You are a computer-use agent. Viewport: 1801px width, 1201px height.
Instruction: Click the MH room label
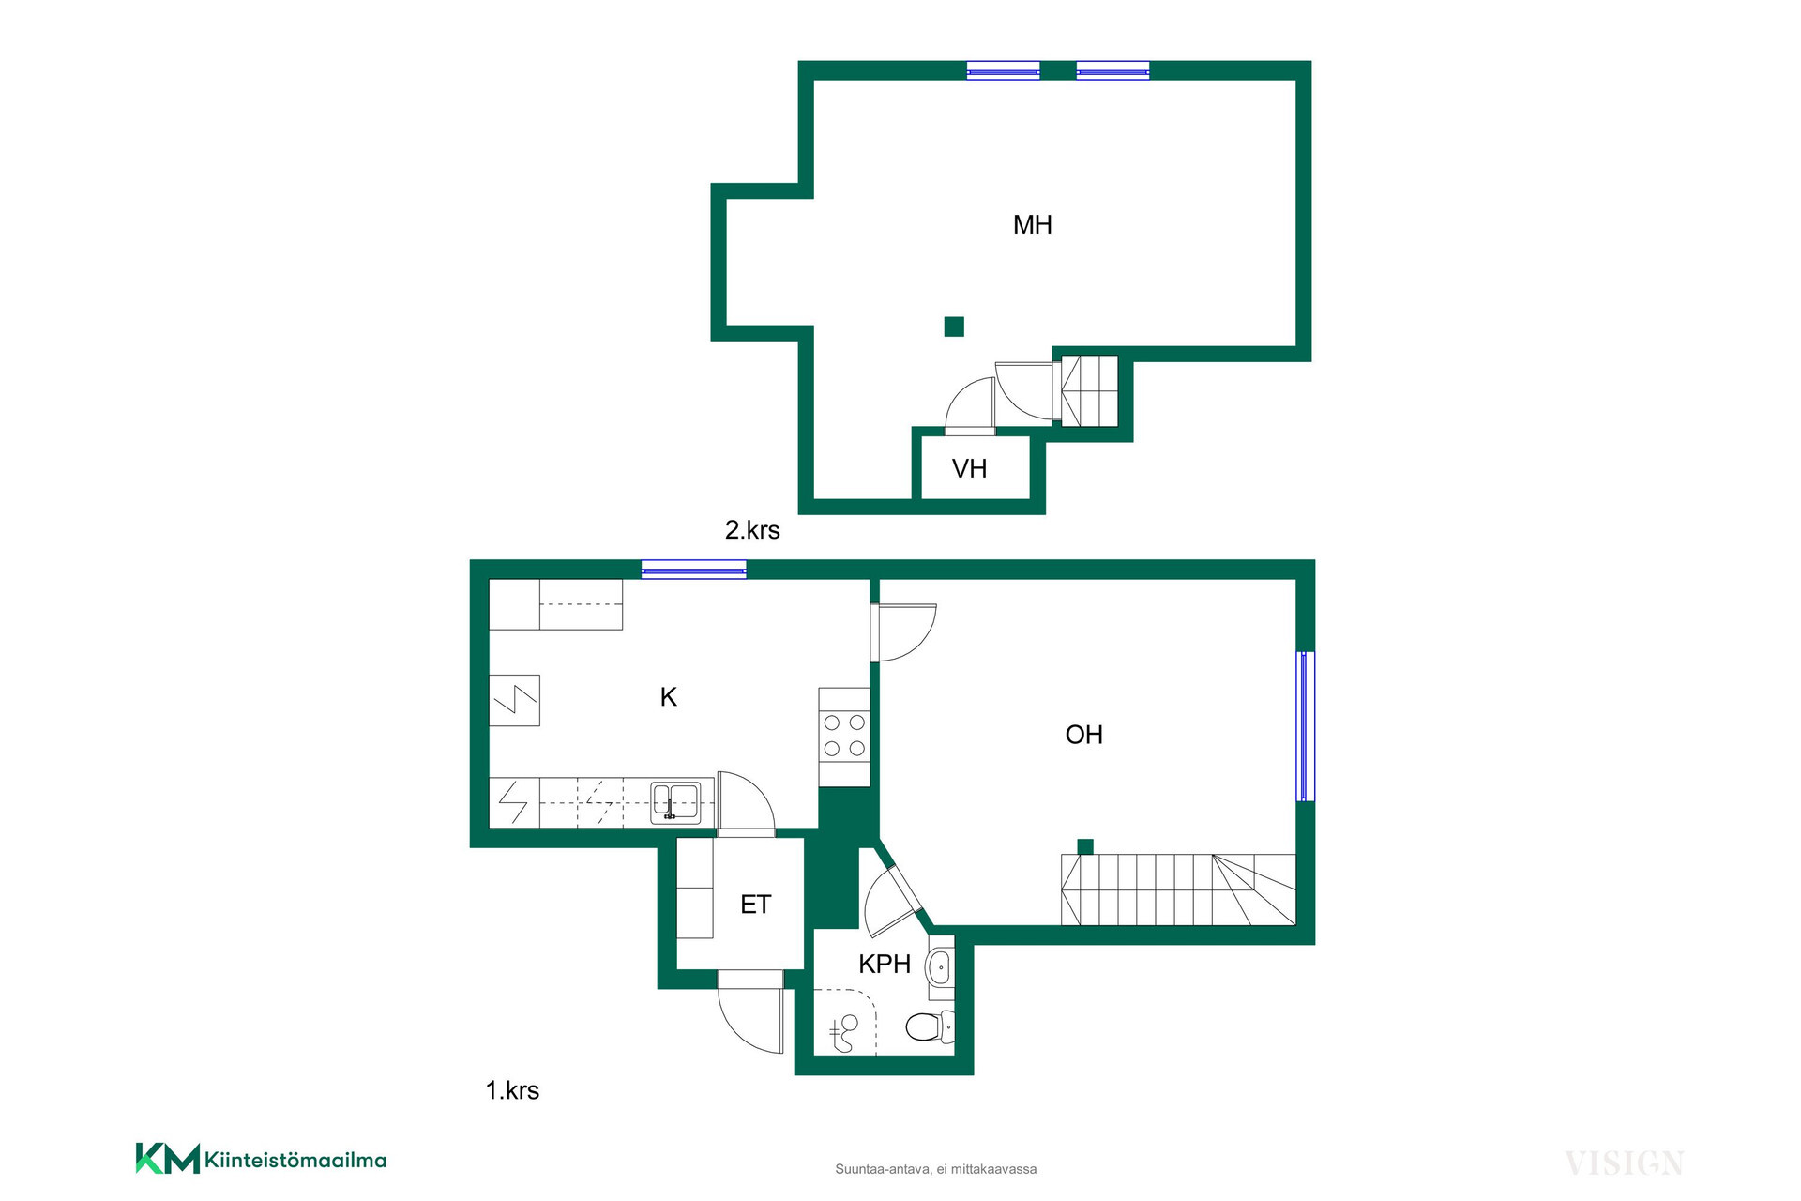point(1032,225)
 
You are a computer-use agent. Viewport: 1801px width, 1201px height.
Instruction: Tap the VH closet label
point(969,469)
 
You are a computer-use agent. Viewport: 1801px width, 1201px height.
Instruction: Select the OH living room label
point(1083,735)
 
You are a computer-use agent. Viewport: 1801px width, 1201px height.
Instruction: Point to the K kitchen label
point(669,697)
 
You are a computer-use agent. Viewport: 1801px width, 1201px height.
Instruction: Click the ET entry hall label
point(755,905)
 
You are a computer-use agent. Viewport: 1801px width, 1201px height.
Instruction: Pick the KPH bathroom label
point(885,964)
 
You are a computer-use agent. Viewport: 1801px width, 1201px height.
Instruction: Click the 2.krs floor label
point(752,530)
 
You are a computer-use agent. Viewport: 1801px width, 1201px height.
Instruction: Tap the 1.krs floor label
point(512,1090)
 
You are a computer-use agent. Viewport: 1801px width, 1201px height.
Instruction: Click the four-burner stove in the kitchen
point(844,737)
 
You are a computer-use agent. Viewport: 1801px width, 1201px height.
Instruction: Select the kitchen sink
point(675,803)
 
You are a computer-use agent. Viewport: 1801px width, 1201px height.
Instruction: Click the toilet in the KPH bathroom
point(930,1026)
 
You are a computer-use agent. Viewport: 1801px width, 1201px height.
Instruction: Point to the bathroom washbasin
point(940,966)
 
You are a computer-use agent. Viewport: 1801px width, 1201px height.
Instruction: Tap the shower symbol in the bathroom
point(845,1032)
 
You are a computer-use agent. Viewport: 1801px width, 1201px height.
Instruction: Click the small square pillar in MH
point(954,327)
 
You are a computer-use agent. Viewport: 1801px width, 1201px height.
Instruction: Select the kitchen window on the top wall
point(694,569)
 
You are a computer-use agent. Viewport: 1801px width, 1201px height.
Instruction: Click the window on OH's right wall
point(1305,726)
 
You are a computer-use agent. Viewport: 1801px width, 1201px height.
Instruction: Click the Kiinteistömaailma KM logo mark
point(168,1158)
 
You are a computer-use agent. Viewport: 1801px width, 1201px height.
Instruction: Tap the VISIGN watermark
point(1625,1163)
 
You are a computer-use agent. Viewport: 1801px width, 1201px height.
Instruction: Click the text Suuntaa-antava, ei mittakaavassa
point(936,1169)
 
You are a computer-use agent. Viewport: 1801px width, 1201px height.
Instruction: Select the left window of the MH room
point(1004,70)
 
